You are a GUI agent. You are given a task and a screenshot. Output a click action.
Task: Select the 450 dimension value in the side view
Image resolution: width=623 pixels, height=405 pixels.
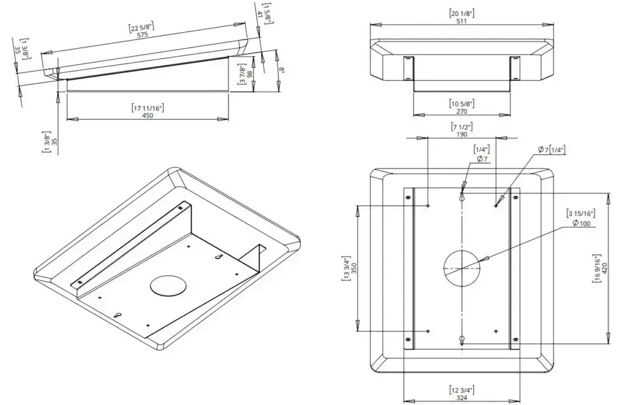[148, 116]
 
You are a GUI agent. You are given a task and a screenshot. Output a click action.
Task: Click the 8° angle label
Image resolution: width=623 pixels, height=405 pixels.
[281, 71]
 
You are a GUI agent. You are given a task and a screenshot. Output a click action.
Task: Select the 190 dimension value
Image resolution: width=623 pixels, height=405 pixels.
[462, 134]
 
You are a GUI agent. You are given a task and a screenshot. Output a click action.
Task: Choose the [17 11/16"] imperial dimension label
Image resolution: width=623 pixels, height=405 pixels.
[148, 108]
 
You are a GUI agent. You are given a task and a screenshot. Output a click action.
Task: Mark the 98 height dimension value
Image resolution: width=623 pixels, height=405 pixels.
[249, 74]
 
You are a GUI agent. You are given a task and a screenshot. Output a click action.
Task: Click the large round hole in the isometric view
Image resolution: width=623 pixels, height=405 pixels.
[168, 285]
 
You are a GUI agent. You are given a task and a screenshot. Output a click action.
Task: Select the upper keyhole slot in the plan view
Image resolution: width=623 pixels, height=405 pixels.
[462, 198]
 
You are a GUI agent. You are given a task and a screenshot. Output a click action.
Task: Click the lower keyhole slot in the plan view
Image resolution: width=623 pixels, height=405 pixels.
[462, 340]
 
